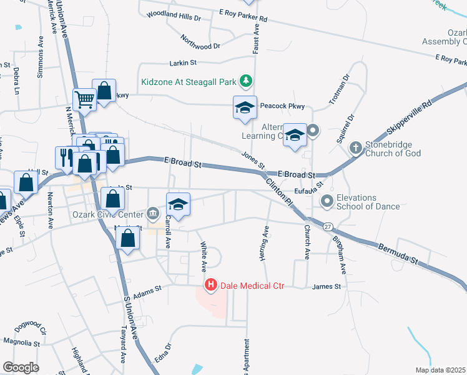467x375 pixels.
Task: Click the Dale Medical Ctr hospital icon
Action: click(211, 286)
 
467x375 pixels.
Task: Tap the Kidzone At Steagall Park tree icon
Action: click(247, 81)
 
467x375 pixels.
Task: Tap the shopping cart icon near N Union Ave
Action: click(84, 99)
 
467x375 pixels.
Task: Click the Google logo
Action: click(21, 367)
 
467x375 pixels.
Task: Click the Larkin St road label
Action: click(183, 62)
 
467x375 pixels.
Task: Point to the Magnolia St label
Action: click(22, 344)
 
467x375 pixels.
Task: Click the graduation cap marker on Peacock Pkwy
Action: click(245, 107)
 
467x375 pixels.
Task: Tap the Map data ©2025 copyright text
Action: click(440, 370)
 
